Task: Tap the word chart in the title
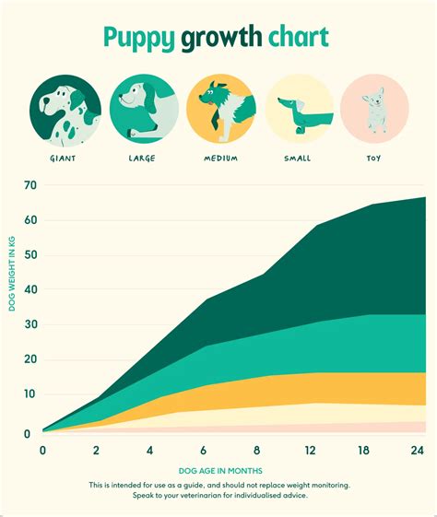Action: click(x=298, y=39)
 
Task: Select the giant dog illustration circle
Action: click(x=63, y=109)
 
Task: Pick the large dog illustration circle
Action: click(x=141, y=109)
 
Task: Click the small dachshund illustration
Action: click(x=299, y=111)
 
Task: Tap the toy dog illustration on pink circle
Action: click(x=373, y=109)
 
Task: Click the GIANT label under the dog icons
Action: click(x=63, y=158)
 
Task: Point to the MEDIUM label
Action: click(x=221, y=158)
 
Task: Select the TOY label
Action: click(x=372, y=158)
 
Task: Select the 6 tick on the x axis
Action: click(x=202, y=450)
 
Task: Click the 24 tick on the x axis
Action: click(x=417, y=450)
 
